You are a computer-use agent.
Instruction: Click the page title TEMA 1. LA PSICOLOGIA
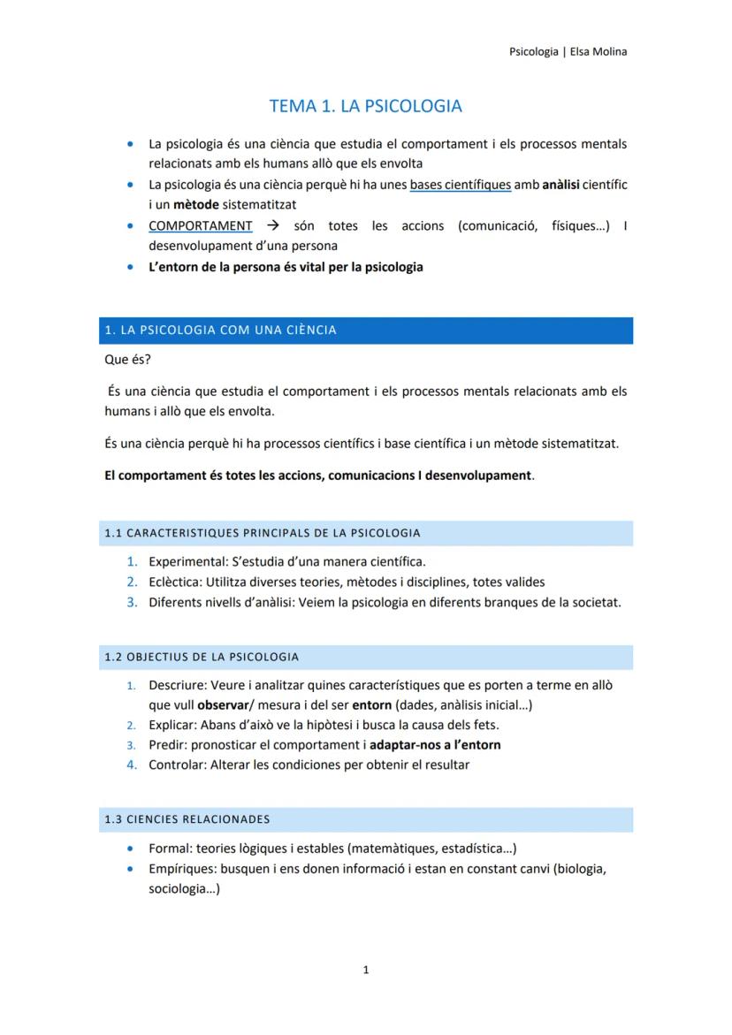point(365,106)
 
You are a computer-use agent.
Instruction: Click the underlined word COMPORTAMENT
point(200,226)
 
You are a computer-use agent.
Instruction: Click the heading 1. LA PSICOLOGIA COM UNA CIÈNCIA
point(220,331)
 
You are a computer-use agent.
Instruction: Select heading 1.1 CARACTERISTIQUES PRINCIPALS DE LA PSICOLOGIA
point(262,533)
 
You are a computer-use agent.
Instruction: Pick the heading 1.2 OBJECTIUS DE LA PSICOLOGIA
point(202,657)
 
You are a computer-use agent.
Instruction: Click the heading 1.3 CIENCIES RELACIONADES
point(187,819)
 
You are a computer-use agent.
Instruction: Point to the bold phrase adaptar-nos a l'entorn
point(435,744)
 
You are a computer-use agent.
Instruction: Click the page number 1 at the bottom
point(366,970)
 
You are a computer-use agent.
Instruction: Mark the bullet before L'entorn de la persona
point(131,267)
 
